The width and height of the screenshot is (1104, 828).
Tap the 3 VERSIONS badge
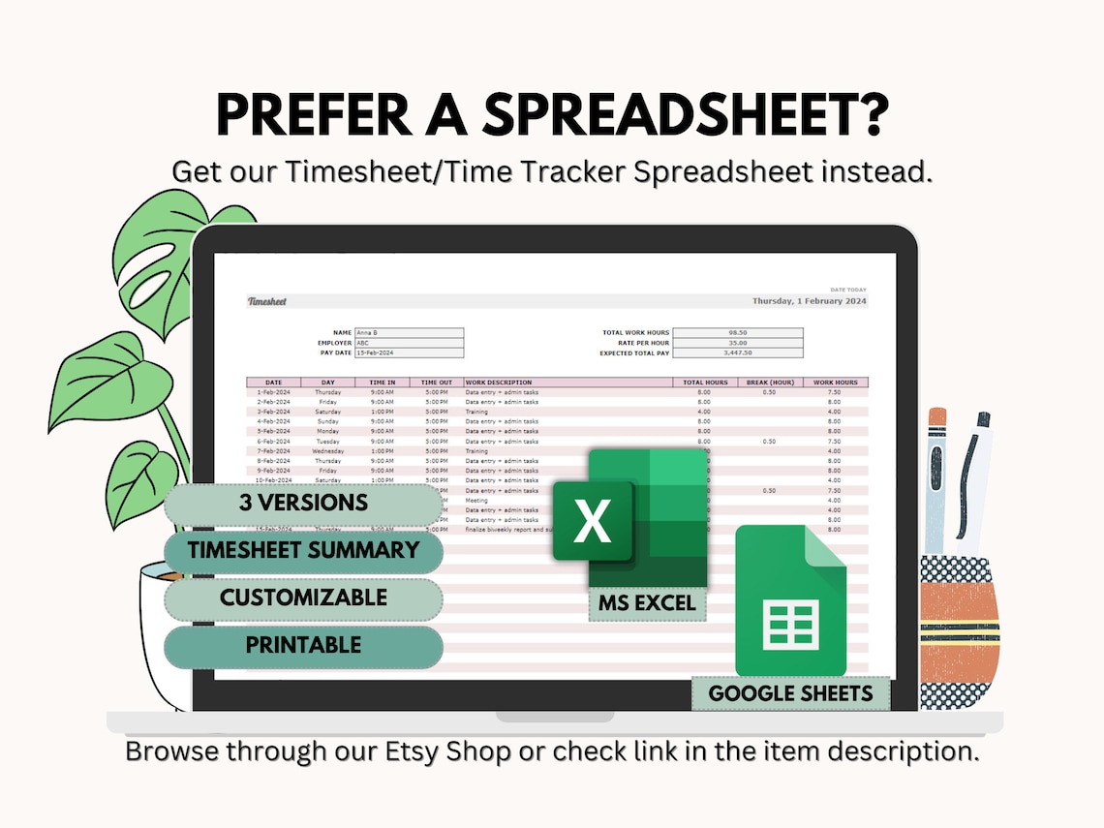pos(303,504)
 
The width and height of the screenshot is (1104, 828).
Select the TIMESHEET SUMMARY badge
pos(303,551)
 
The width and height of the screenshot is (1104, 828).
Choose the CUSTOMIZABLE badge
pos(303,598)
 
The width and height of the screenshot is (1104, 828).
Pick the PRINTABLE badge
pos(303,645)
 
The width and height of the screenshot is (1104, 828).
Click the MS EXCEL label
pos(647,604)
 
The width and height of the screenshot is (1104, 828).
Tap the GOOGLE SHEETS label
pos(790,693)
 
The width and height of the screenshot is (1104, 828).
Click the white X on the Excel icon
pos(592,523)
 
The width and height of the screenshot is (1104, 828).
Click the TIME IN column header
pos(383,383)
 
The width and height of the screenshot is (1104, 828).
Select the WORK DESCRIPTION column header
pos(499,383)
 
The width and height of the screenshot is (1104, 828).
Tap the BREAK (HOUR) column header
pos(770,383)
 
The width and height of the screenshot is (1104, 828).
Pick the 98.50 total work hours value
pos(738,332)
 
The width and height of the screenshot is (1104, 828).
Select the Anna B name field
pos(409,332)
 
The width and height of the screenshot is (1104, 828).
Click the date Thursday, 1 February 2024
pos(810,301)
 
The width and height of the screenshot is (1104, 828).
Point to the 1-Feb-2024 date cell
pos(274,392)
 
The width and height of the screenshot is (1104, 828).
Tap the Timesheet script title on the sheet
pos(267,301)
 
